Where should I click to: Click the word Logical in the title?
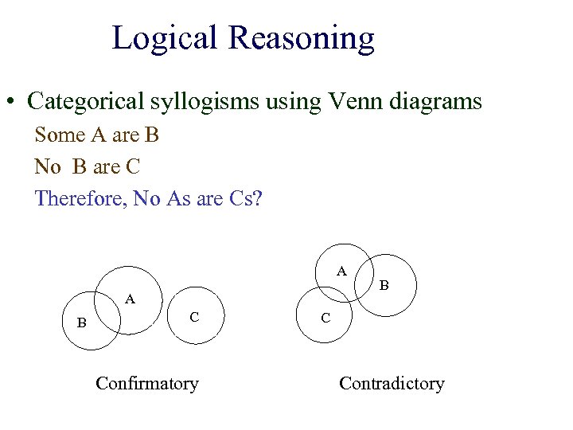[165, 37]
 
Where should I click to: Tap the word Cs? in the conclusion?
[243, 198]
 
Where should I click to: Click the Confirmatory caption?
[146, 383]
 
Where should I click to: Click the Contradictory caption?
[392, 383]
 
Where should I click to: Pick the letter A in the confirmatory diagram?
[131, 299]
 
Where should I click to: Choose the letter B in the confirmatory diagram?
[80, 322]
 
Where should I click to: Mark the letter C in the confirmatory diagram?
[194, 317]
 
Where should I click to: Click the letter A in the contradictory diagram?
[341, 271]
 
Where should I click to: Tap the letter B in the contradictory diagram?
[384, 283]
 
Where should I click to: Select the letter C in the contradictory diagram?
[325, 317]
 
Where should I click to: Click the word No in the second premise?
[48, 167]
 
